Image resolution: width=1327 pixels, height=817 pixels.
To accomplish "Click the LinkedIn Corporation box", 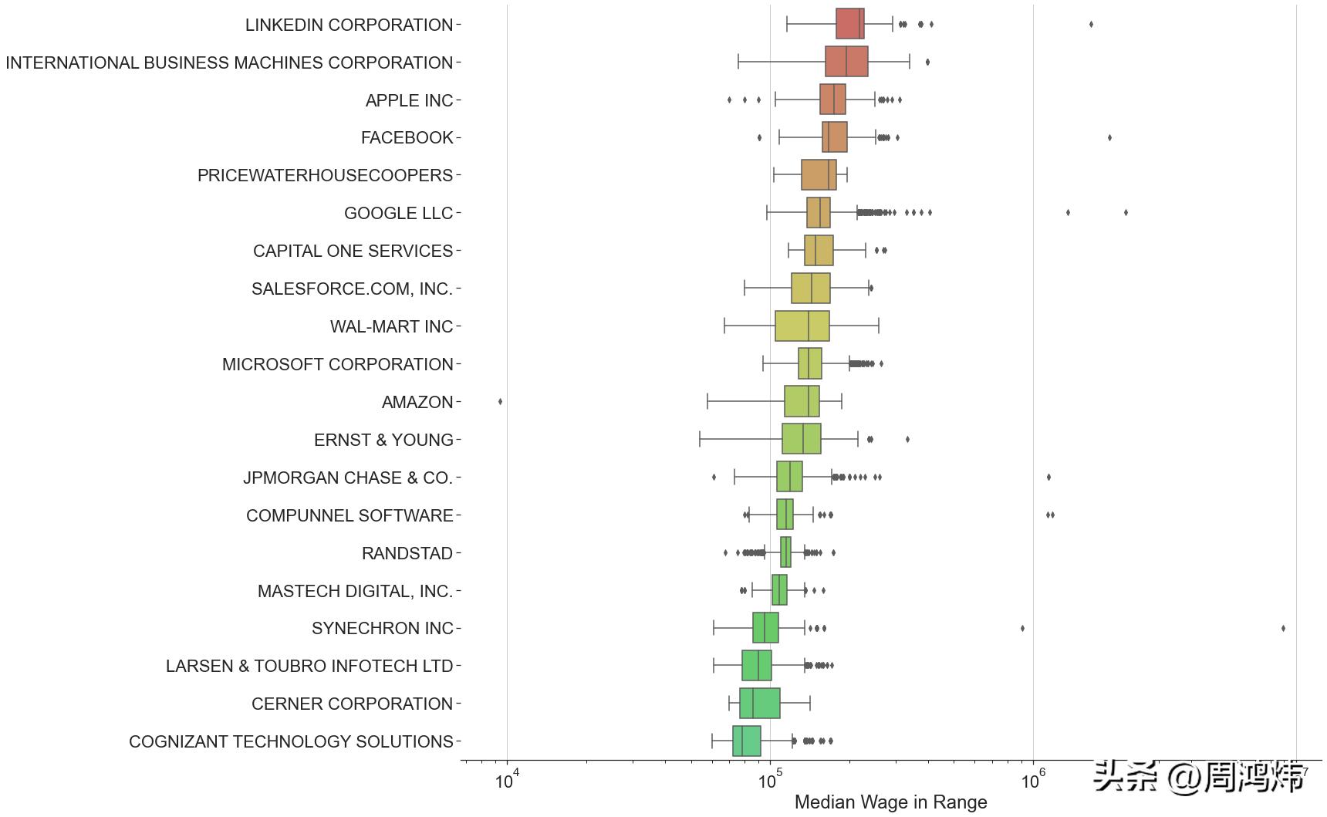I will (849, 24).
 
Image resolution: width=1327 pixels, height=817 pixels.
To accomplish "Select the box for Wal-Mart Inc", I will (802, 326).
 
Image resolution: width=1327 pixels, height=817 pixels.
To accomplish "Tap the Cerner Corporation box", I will (759, 704).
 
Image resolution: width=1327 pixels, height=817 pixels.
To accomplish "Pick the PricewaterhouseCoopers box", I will (818, 175).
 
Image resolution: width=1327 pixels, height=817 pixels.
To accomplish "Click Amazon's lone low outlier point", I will (501, 401).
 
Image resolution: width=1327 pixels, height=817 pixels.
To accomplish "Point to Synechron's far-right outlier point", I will (1283, 628).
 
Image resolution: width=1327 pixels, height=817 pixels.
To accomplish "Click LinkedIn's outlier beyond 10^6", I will (1091, 24).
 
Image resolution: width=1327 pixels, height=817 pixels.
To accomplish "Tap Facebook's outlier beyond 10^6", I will (1109, 137).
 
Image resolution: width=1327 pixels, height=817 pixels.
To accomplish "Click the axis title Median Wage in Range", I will (890, 802).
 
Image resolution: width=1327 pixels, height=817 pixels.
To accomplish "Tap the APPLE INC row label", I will (409, 100).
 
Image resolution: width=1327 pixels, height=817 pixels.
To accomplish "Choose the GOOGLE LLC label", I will (398, 213).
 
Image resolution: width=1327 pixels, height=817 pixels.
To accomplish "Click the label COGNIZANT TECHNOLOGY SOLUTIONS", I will (291, 741).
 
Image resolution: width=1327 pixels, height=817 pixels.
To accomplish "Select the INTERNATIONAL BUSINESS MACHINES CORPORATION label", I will (229, 62).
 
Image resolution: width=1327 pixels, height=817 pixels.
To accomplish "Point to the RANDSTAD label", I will (407, 553).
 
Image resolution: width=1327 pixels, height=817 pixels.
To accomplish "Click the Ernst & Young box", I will (801, 439).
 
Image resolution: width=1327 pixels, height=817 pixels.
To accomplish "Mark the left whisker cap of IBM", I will (738, 62).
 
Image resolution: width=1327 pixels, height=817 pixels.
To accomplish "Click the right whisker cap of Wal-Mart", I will (879, 326).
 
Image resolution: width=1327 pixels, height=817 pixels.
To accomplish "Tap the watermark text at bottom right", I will (1200, 776).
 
